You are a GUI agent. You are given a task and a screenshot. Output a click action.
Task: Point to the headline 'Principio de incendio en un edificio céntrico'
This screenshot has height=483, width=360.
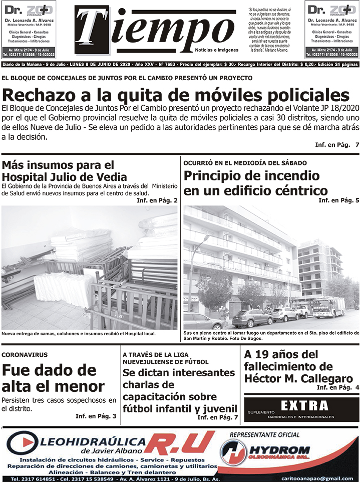click(x=255, y=183)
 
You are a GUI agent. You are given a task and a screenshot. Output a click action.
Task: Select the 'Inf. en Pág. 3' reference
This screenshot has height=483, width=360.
click(x=96, y=416)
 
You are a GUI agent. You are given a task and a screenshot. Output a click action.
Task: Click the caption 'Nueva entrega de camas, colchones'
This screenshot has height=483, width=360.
click(x=79, y=333)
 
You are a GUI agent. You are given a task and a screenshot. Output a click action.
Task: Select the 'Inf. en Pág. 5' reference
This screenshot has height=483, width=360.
click(x=339, y=200)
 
